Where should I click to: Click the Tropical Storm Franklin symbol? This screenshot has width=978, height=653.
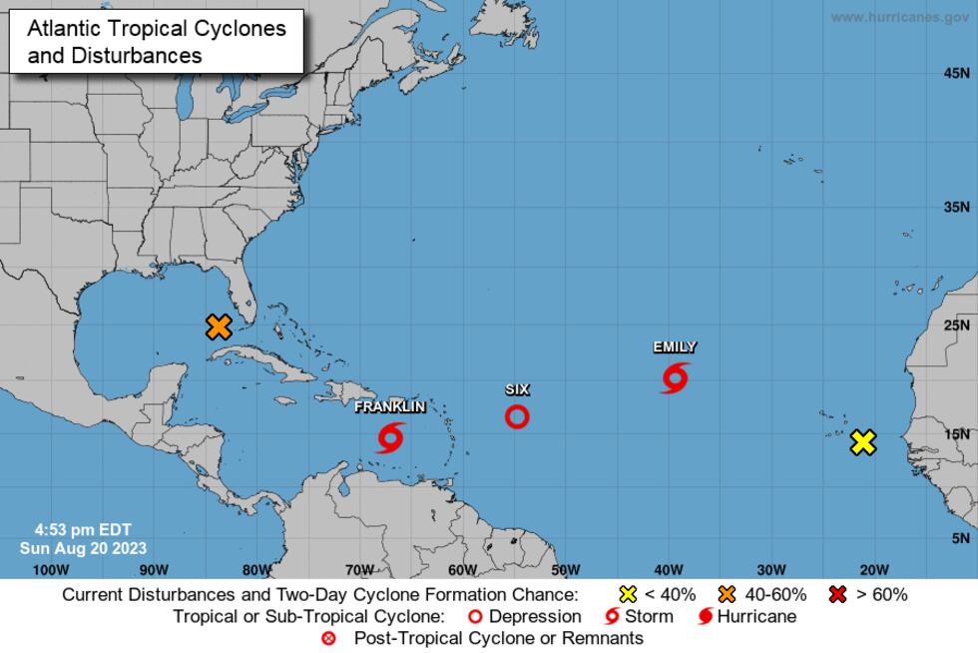(390, 436)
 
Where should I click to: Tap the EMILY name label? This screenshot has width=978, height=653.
(675, 347)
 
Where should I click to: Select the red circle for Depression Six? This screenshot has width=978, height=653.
(517, 416)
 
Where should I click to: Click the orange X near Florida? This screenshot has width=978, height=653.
(219, 326)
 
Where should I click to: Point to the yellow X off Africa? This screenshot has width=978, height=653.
(863, 442)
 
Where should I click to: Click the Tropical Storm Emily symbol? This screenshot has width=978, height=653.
(675, 377)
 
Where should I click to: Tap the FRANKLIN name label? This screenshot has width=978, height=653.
(390, 406)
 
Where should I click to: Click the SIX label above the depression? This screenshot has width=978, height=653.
(517, 389)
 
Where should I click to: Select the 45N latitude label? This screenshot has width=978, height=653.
(957, 74)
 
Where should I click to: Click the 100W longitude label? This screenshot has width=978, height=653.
(50, 570)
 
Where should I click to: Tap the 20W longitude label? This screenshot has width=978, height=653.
(874, 570)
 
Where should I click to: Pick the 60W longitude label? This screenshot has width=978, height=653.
(462, 570)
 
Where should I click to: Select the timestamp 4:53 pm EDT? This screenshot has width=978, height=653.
(82, 530)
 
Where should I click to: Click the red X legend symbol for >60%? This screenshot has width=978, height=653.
(839, 595)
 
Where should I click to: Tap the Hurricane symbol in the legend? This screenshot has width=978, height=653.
(706, 616)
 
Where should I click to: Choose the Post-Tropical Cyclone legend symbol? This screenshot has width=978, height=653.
(328, 638)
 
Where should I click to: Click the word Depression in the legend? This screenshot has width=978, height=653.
(535, 616)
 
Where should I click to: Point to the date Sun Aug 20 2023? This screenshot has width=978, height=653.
(83, 548)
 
